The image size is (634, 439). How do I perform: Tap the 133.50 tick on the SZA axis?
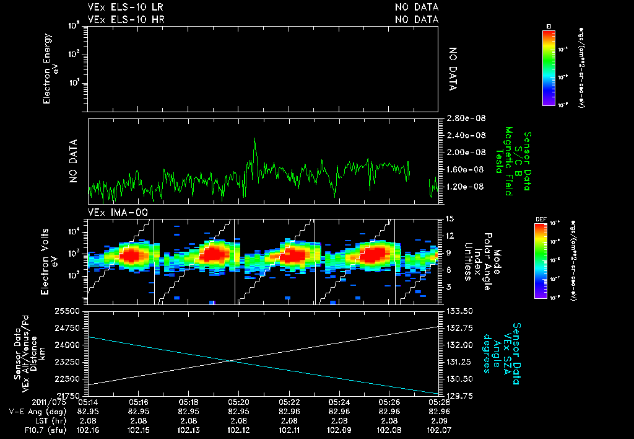pyautogui.click(x=458, y=311)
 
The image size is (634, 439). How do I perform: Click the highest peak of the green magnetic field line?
pyautogui.click(x=254, y=140)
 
